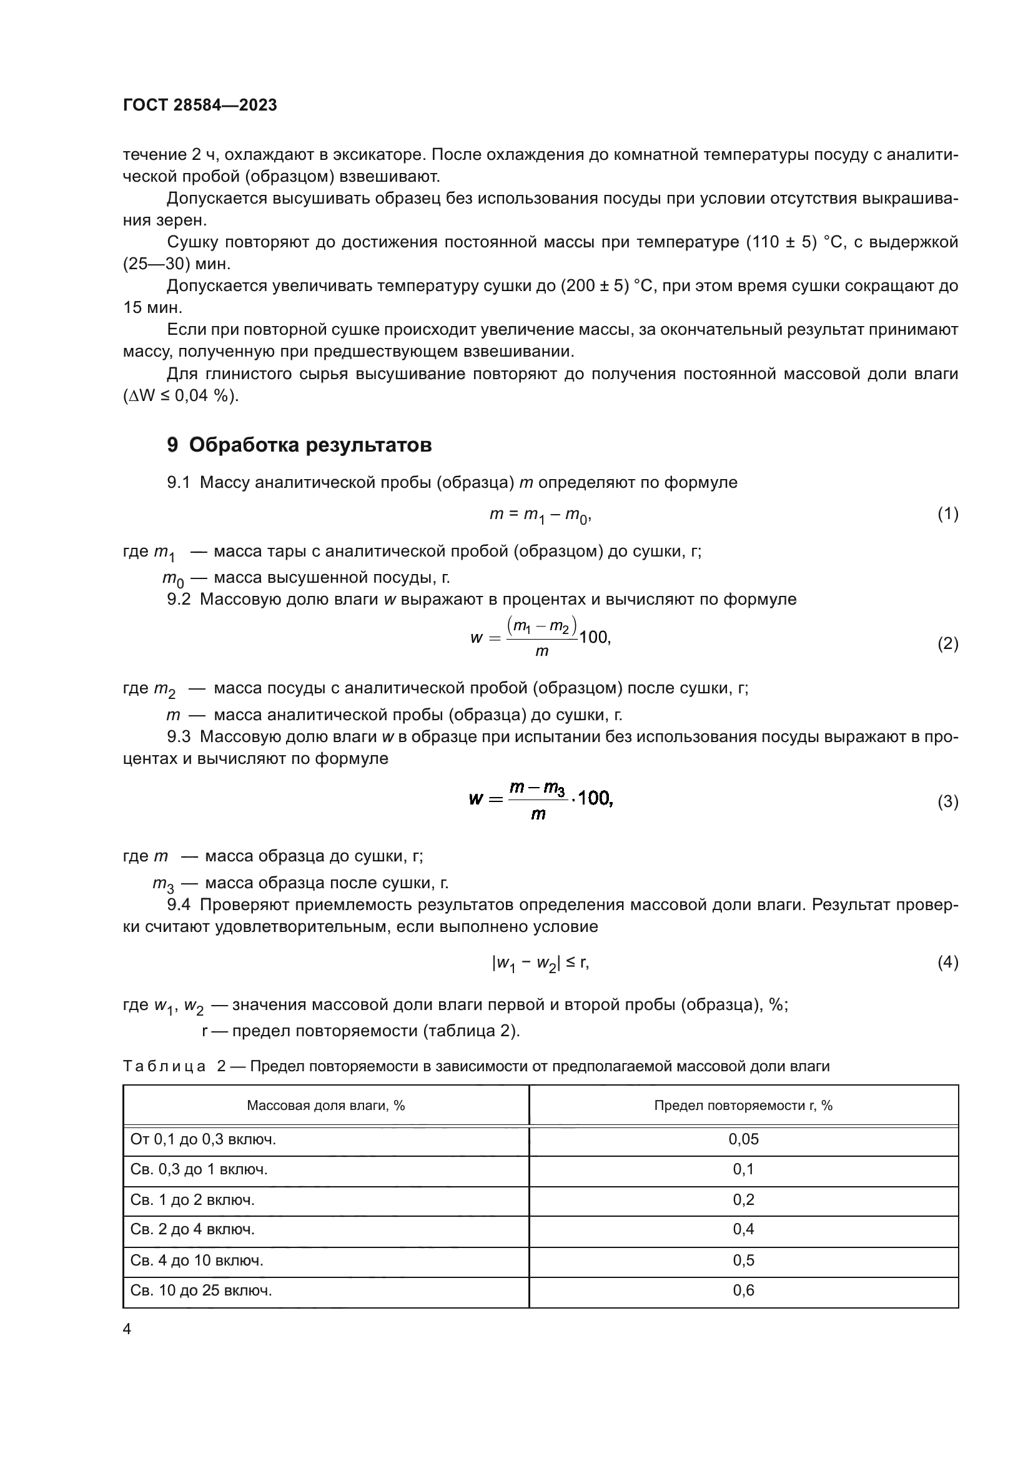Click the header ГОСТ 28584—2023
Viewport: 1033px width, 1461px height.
[200, 105]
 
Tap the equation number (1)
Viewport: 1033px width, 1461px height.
[948, 513]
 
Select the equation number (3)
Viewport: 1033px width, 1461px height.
[948, 802]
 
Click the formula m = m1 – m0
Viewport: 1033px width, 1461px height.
[540, 515]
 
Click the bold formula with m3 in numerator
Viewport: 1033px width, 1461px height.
[541, 800]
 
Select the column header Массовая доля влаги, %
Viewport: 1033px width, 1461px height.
[325, 1106]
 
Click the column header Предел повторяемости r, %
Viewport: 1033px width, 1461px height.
[743, 1106]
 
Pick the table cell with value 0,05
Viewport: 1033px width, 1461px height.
[743, 1139]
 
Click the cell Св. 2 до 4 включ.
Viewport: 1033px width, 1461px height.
[192, 1229]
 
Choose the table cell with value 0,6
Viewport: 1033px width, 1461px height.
[743, 1290]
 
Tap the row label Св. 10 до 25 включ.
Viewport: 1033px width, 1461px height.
[201, 1290]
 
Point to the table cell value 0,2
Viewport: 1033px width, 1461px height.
[743, 1199]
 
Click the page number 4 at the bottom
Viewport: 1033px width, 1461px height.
[127, 1329]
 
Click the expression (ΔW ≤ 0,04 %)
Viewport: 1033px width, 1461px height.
[180, 396]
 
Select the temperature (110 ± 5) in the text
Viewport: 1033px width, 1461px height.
[781, 242]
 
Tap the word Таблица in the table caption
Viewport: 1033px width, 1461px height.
[164, 1066]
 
